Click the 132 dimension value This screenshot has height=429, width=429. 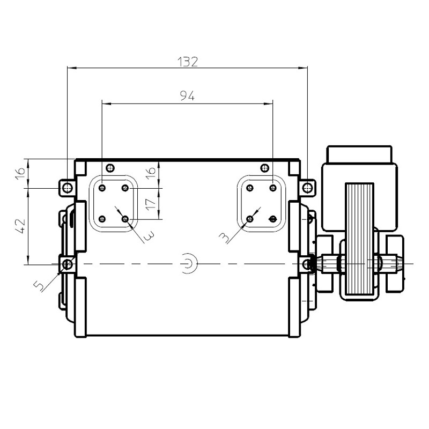click(188, 62)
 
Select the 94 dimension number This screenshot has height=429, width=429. click(187, 96)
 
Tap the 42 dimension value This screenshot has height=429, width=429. click(21, 226)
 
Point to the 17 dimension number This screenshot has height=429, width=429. click(151, 204)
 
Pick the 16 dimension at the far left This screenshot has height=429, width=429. click(20, 174)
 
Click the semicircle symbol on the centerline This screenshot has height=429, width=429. click(191, 264)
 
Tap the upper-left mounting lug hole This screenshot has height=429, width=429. click(67, 188)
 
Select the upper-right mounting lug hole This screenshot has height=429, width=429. click(307, 188)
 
